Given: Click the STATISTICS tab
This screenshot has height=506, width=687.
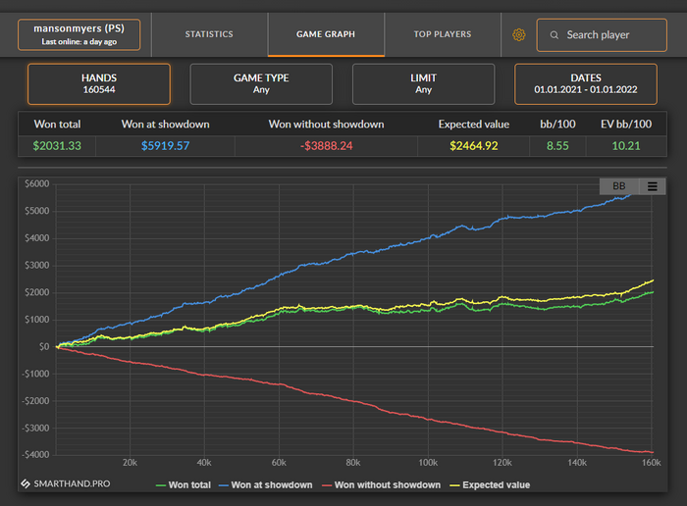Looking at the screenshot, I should point(209,34).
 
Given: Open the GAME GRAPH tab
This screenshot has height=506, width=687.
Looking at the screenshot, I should point(325,34).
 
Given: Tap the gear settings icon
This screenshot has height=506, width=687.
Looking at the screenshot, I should point(519,35).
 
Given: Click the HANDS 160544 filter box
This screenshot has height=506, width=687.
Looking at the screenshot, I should point(98,83).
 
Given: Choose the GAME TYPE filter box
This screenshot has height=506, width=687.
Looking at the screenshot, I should point(260,83).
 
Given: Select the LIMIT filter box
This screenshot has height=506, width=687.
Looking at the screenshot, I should point(423,83).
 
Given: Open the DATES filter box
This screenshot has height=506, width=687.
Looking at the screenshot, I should point(585,83).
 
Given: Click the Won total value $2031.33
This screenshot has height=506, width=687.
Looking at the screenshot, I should point(56,146).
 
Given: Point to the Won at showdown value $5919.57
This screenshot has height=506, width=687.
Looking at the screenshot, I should point(165,146).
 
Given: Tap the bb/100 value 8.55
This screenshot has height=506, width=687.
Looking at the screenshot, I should point(557,146).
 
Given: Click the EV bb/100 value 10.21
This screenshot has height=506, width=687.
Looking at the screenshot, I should point(626,146).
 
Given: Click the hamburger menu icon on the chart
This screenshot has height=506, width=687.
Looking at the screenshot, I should point(652,186).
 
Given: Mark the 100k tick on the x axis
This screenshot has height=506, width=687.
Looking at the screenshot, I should point(428,463).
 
